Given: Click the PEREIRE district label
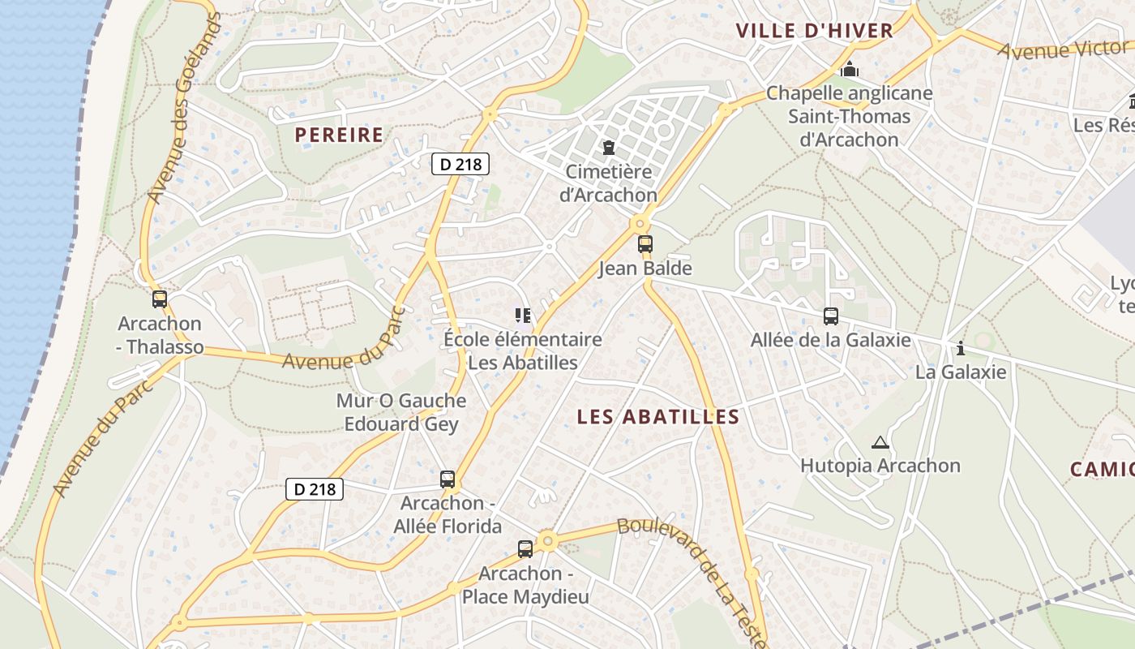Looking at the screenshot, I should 339,135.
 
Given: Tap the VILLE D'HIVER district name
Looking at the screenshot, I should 814,31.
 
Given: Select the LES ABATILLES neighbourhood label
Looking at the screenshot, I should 658,417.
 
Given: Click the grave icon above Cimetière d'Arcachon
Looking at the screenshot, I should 608,148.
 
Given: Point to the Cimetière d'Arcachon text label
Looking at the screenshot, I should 608,183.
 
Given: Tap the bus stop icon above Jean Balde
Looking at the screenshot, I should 645,243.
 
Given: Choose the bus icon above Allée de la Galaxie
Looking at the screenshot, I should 830,316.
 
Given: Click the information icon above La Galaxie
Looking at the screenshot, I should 961,349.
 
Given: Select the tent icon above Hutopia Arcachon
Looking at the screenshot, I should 880,443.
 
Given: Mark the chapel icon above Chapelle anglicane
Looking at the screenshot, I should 849,70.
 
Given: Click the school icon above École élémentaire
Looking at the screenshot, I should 522,315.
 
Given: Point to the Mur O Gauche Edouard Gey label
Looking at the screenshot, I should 401,412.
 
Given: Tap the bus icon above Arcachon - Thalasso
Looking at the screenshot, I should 159,299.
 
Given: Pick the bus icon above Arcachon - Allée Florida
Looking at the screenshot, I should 447,479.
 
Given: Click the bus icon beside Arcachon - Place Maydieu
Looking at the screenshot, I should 525,549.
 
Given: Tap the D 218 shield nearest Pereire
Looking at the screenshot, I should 460,164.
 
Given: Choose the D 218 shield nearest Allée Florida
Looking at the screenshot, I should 315,489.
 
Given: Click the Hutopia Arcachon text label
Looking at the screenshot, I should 880,466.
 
